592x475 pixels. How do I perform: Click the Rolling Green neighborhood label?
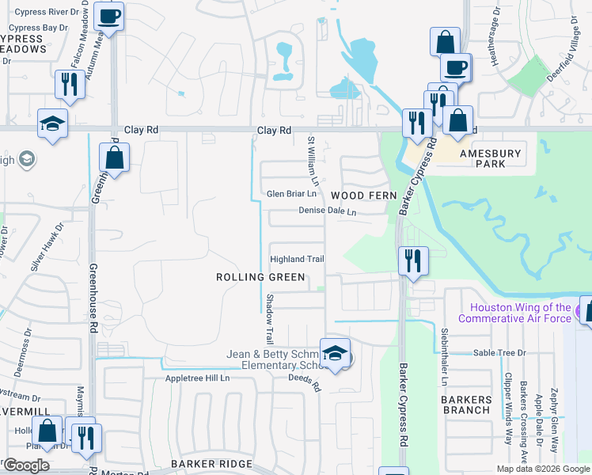point(260,277)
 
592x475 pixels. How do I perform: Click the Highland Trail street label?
point(298,259)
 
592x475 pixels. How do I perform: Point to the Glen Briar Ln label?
point(292,194)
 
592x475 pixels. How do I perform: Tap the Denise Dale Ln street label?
point(327,211)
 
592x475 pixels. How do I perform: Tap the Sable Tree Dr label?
point(499,353)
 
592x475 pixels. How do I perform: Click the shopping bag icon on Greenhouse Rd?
point(114,157)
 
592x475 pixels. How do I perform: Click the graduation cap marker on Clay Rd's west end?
point(52,123)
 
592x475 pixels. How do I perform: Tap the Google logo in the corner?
point(26,465)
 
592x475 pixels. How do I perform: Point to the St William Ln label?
point(313,167)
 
